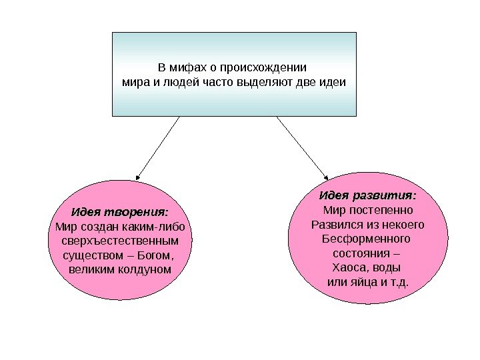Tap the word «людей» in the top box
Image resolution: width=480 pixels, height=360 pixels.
coord(174,84)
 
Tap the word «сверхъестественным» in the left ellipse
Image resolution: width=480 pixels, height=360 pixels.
coord(120,241)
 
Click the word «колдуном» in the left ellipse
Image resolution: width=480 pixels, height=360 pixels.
coord(142,270)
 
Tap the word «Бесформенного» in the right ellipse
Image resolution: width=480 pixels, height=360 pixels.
coord(367,239)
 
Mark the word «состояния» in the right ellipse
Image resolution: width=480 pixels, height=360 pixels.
coord(361,253)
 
